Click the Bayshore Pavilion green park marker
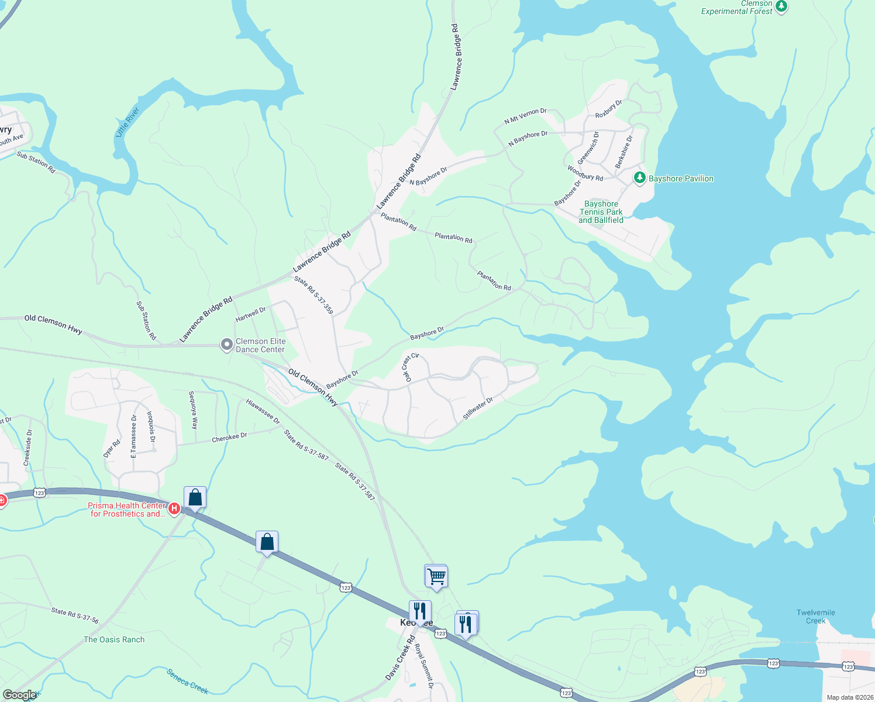point(640,177)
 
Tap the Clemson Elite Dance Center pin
point(226,345)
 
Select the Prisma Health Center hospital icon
point(174,509)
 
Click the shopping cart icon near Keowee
point(436,576)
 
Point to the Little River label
point(127,122)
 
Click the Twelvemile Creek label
point(815,617)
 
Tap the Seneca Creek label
point(187,682)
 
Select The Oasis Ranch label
point(114,639)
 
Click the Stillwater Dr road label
point(478,408)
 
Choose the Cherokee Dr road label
point(229,437)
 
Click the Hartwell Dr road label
point(250,314)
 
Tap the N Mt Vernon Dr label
point(525,116)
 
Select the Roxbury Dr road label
point(608,109)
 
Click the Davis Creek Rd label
point(399,658)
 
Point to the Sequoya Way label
point(193,410)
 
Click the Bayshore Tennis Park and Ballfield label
point(601,212)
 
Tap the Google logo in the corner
point(19,695)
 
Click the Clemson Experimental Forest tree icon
point(781,8)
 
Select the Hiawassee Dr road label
point(263,411)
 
